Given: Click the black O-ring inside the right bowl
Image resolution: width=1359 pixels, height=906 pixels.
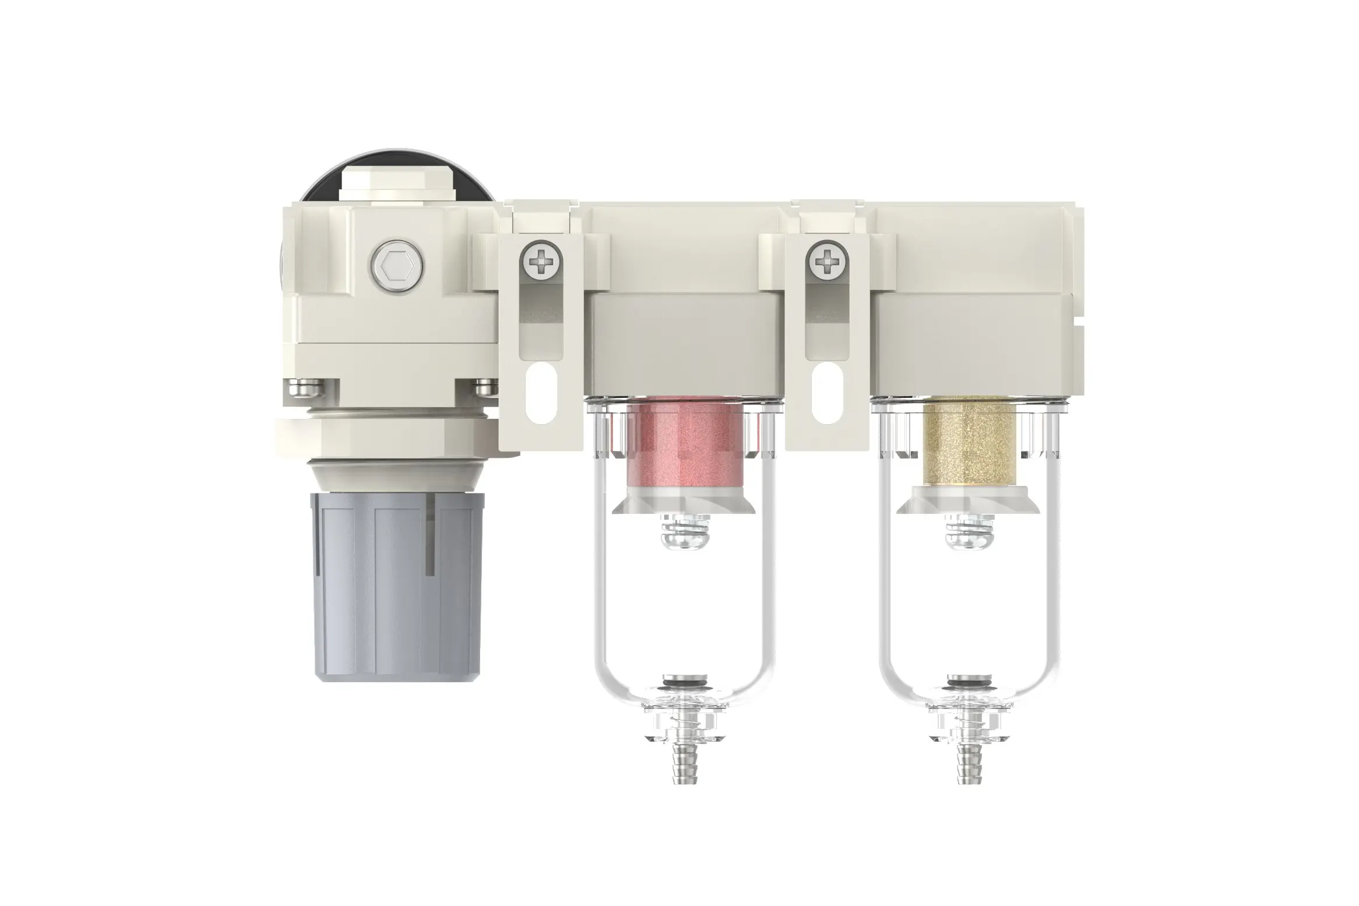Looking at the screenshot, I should (968, 682).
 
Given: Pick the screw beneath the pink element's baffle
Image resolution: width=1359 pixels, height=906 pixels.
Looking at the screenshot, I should (685, 536).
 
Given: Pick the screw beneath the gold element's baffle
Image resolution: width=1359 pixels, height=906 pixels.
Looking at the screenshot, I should (968, 536).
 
